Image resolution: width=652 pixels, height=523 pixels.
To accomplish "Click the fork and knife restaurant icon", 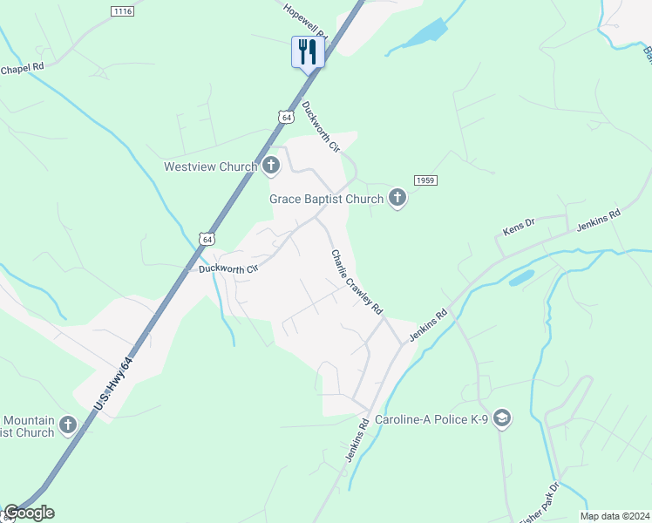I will [308, 51].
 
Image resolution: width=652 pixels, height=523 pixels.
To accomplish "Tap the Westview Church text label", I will [211, 166].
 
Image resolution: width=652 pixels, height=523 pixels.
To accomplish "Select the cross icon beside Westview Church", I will [271, 165].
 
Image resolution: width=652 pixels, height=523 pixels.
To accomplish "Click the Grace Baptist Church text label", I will [326, 199].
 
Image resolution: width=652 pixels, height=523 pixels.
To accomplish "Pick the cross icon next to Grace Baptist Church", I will [397, 198].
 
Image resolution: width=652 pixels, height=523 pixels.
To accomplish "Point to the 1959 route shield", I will [425, 180].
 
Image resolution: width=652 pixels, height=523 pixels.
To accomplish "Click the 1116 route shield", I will [122, 10].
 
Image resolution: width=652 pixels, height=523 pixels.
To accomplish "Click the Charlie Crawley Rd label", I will [357, 282].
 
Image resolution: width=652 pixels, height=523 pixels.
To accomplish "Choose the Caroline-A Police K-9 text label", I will [431, 419].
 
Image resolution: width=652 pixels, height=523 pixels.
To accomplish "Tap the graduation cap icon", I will [501, 419].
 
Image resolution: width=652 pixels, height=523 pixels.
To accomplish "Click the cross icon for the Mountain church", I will [68, 425].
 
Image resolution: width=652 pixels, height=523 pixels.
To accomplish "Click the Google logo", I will [29, 513].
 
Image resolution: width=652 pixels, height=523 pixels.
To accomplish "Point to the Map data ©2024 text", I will [615, 516].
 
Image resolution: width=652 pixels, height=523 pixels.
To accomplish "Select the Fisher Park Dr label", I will [540, 504].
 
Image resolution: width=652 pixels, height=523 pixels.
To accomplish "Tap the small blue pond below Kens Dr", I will [521, 277].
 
